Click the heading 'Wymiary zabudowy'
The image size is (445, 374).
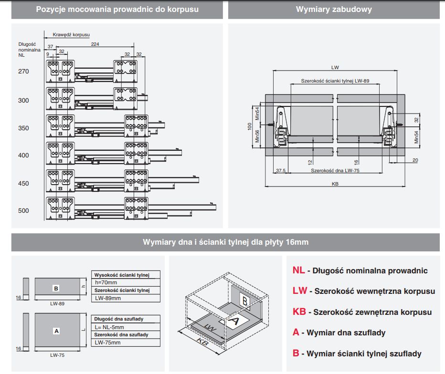pos(333,10)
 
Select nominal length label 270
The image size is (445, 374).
pos(23,72)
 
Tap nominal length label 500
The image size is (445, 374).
pos(23,210)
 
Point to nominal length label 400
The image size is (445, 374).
pos(23,155)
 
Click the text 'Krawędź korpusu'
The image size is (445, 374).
pos(71,34)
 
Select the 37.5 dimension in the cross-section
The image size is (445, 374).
pos(281,170)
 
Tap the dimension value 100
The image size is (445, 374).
pos(249,126)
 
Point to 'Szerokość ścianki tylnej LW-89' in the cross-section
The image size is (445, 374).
pos(335,81)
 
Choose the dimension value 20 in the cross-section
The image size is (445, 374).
pos(414,160)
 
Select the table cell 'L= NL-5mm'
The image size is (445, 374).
pos(109,327)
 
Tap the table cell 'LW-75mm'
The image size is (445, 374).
pos(107,343)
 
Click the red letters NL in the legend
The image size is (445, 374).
pos(298,270)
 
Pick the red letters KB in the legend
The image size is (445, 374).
pos(299,312)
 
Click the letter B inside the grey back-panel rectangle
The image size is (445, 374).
pos(56,289)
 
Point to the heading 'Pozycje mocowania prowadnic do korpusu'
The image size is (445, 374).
pos(117,10)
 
